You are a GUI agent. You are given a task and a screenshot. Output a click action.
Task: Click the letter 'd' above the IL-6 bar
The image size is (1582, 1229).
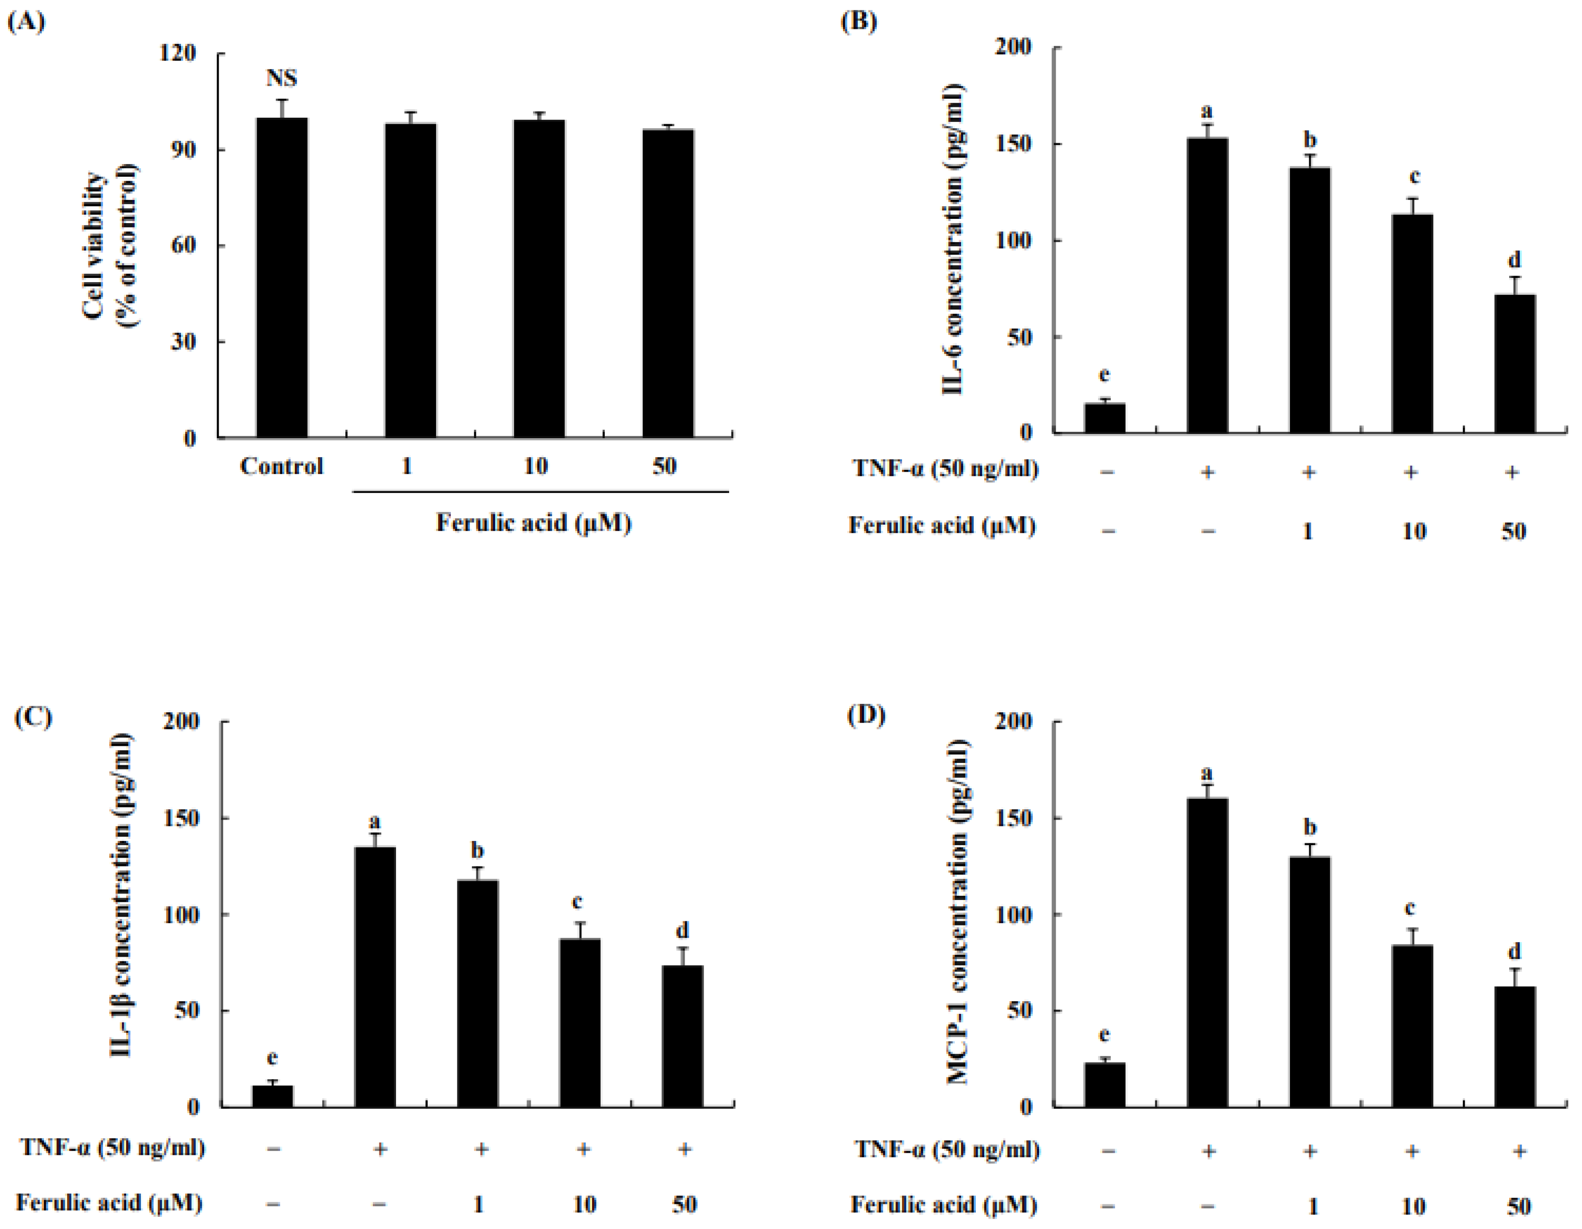1514,260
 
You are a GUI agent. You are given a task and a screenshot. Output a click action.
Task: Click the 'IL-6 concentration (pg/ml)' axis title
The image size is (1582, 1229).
953,239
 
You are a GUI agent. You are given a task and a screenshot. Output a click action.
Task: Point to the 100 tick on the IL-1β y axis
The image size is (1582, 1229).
181,915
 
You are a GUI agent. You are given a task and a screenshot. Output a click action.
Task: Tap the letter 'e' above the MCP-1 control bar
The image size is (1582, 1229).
1105,1035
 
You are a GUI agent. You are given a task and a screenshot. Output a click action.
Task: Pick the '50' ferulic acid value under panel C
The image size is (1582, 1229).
684,1204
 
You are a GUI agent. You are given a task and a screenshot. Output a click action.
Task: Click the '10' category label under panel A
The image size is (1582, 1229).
535,466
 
